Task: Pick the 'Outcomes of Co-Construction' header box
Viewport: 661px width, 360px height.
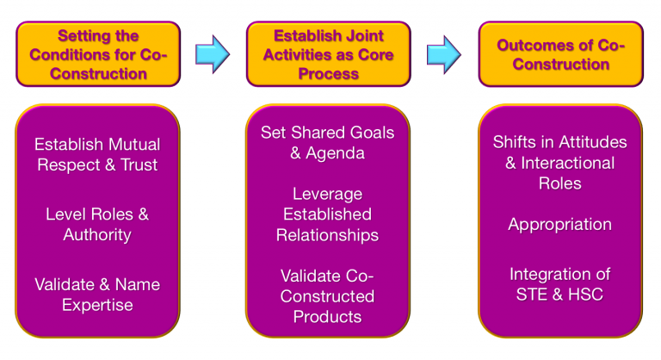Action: [560, 53]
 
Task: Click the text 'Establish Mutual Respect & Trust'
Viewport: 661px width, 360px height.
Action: [96, 155]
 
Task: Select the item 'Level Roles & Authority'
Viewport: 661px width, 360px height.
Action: [96, 223]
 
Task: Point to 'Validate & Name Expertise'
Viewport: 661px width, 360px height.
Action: [96, 294]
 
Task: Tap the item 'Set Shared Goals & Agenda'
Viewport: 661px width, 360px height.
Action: [327, 143]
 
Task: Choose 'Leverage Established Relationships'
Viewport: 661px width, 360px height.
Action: [327, 214]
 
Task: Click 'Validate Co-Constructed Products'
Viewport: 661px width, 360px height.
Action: [327, 295]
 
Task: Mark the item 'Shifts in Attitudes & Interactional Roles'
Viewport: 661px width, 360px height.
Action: [559, 162]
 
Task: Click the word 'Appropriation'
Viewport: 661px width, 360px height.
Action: [559, 224]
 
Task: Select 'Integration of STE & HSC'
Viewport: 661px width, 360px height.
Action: [559, 284]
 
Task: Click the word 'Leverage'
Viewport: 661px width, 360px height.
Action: [327, 193]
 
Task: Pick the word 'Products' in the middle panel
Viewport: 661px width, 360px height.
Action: [327, 316]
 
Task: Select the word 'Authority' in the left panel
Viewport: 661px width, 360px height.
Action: [96, 234]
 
